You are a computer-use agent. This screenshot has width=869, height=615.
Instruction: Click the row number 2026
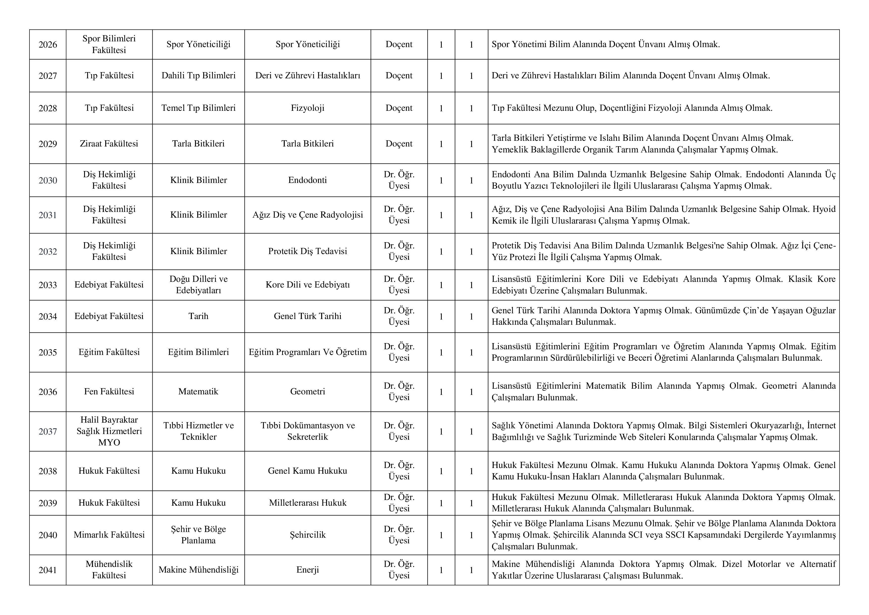[48, 45]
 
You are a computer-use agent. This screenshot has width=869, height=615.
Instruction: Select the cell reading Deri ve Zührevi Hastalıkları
[307, 75]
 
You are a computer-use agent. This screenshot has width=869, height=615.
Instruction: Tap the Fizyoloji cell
[307, 108]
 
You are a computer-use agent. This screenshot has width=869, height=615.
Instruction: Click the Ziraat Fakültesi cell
[109, 144]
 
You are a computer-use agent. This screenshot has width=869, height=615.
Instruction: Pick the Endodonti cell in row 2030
[307, 180]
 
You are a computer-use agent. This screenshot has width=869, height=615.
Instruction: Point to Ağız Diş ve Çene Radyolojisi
[307, 215]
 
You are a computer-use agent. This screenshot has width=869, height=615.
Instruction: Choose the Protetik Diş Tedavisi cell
[307, 251]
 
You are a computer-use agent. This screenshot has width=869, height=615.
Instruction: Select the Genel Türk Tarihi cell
[307, 316]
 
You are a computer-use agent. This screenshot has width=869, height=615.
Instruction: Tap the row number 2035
[48, 352]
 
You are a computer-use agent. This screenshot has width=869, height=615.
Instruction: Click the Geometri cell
[307, 392]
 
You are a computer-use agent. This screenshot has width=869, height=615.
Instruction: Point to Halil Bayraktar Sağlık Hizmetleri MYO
[109, 431]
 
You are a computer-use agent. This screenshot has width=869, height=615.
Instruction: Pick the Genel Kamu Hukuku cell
[307, 471]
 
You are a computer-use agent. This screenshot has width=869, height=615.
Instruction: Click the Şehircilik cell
[307, 535]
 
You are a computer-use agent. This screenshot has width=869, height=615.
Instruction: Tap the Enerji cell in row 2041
[307, 570]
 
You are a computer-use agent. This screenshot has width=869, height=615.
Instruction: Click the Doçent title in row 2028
[399, 108]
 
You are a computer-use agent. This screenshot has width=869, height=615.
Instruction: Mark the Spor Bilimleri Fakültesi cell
[109, 44]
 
